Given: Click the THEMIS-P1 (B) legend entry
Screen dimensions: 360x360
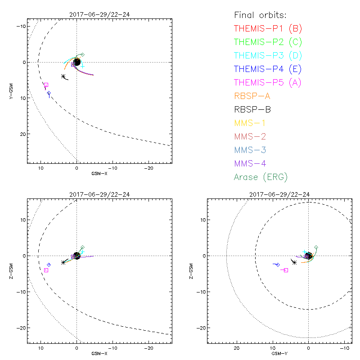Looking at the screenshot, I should click(x=268, y=29).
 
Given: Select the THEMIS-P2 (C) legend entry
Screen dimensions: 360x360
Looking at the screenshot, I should click(x=268, y=42).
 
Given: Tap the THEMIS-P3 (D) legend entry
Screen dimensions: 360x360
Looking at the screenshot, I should click(x=268, y=56).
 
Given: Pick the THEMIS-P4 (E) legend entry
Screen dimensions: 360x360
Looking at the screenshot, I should click(x=268, y=69).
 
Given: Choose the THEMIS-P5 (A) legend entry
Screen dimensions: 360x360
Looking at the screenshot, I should click(x=268, y=83).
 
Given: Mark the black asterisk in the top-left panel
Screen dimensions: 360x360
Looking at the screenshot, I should click(x=63, y=76).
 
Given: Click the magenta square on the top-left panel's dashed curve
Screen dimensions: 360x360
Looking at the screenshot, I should click(x=46, y=85).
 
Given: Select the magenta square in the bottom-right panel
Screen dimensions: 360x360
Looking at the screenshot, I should click(x=286, y=270).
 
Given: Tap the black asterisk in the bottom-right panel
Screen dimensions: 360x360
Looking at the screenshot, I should click(x=294, y=262).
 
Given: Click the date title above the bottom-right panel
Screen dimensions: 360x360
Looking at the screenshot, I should click(x=279, y=194).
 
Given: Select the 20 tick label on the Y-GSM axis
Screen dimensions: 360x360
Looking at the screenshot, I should click(x=20, y=134).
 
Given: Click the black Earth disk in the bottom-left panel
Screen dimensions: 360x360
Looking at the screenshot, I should click(x=76, y=256).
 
